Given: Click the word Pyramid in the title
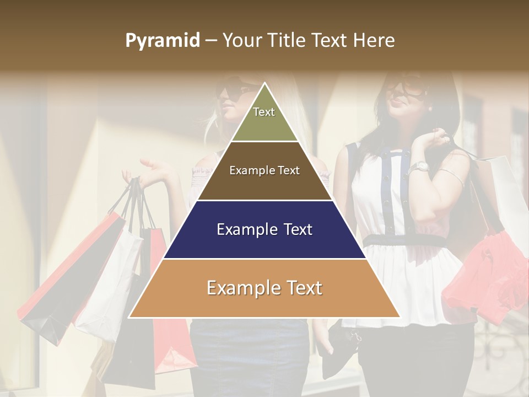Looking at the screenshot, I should (x=162, y=41).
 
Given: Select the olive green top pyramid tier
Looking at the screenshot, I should (x=264, y=119).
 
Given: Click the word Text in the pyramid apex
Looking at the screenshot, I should (x=264, y=112).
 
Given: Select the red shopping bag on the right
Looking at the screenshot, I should (x=485, y=276).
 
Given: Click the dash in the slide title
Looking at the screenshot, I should (x=210, y=41).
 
